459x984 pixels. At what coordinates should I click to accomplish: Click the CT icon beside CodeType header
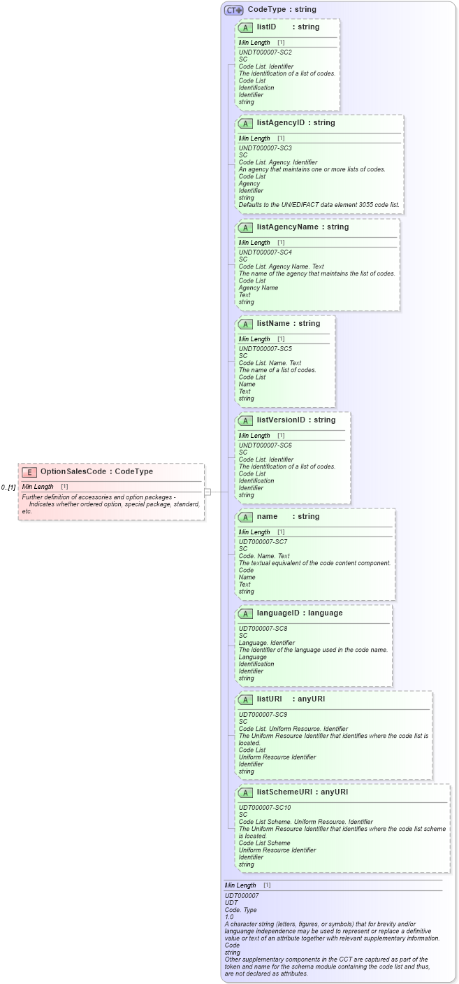coord(233,10)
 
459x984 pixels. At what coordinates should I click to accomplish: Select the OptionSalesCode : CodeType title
coord(96,472)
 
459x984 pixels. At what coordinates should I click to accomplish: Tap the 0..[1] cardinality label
coord(8,487)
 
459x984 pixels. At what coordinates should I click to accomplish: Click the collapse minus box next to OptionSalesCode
coord(207,492)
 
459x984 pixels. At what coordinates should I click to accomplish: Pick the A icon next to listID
coord(245,27)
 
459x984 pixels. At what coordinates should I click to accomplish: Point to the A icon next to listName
coord(245,324)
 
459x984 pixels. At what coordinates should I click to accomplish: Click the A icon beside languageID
coord(245,613)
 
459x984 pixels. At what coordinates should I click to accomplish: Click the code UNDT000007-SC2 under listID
coord(265,52)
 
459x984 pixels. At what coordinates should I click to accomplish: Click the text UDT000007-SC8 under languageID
coord(263,629)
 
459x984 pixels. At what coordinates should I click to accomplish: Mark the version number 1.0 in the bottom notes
coord(229,917)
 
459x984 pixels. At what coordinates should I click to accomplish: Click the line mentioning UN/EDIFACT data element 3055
coord(319,205)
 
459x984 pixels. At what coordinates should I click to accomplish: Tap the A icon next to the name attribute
coord(245,517)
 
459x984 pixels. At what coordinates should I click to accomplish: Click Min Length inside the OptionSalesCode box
coord(38,487)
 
